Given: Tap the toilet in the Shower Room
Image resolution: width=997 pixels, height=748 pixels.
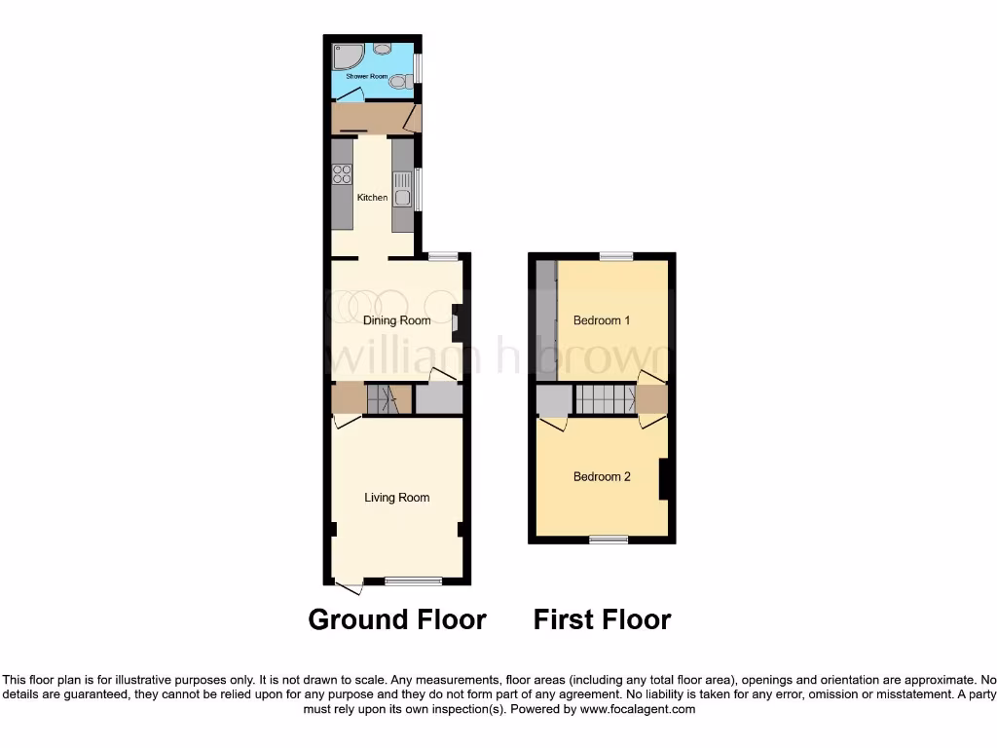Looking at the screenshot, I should coord(397,83).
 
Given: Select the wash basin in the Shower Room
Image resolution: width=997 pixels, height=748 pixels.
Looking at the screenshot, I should coord(383,47).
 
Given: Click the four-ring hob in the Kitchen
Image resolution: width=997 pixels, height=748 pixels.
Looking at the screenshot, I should coord(342,174).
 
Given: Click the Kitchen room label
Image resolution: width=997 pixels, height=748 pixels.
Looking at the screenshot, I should coord(372,198).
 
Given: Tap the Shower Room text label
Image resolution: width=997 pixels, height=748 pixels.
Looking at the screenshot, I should coord(366,75).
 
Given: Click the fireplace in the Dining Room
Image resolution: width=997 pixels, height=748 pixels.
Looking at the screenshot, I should coord(456,321).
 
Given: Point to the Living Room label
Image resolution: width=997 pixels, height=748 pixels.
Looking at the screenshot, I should coord(396,498).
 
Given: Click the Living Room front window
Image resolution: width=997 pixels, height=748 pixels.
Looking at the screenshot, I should coord(413,581).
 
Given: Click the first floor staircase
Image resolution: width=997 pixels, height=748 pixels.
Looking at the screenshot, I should coord(605,399).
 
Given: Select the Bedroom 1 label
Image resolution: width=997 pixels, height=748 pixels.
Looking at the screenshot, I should coord(602,320).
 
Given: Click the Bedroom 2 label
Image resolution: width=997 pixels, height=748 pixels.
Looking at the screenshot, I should coord(602,476).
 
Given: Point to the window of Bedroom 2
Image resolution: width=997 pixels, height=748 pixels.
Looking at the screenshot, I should coord(609,539).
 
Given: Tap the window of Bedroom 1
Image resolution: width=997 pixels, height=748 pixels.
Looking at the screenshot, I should coord(616,256).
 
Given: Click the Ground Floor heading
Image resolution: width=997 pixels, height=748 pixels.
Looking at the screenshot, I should coord(397,619).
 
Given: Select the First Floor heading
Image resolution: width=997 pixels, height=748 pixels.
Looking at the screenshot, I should coord(602,619).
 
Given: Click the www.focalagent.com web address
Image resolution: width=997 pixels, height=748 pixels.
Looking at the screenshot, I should coord(637,710).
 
